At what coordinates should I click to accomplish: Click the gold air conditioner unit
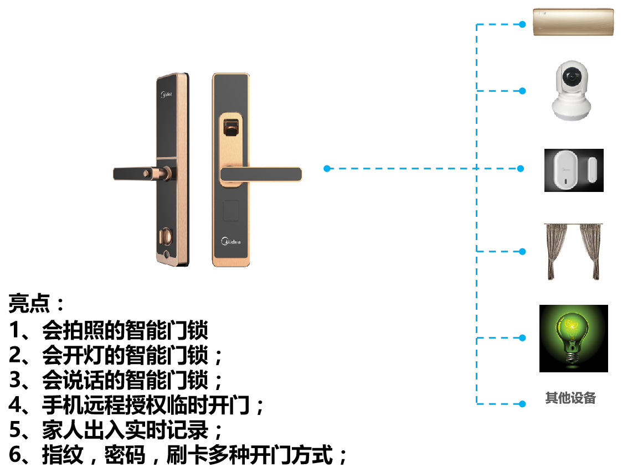[573, 22]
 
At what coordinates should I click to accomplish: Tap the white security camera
[571, 90]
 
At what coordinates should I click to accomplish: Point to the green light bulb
[572, 332]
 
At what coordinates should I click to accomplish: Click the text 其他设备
[570, 398]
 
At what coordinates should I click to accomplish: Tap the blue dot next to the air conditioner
[522, 24]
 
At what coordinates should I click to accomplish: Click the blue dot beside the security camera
[522, 91]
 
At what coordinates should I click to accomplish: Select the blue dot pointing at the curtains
[522, 252]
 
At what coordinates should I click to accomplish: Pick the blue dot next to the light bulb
[522, 337]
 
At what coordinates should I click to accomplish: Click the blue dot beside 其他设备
[522, 404]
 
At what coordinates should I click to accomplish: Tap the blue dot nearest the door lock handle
[327, 168]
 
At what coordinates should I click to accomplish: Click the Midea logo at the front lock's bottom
[231, 241]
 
